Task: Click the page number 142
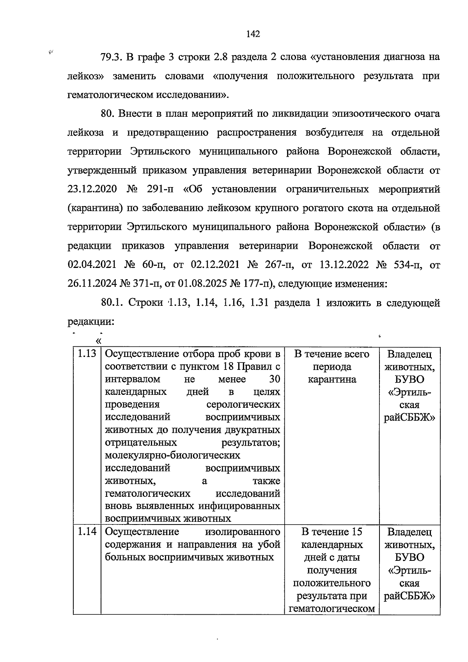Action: coord(253,34)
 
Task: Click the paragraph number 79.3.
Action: coord(112,57)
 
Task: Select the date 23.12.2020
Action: coord(92,189)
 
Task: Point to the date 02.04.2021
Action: coord(92,265)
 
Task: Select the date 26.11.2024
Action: coord(92,284)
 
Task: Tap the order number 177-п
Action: coord(258,284)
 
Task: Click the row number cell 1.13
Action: coord(87,354)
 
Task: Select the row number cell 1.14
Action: coord(87,532)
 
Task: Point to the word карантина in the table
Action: coord(331,380)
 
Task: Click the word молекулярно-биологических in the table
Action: coord(173,455)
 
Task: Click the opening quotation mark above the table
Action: coord(98,341)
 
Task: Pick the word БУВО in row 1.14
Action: coord(409,557)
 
